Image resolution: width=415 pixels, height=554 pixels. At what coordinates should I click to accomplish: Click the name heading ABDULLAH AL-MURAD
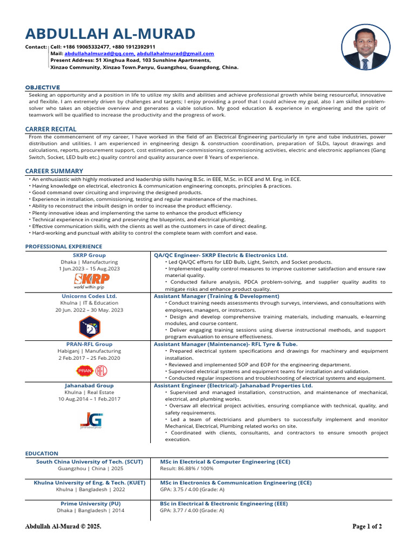[x=110, y=34]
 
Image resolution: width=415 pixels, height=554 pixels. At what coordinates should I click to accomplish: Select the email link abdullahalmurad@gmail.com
[x=175, y=54]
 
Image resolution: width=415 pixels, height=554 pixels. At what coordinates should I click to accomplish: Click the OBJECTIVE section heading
[x=43, y=87]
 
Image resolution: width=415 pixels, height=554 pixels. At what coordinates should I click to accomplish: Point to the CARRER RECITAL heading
[x=51, y=129]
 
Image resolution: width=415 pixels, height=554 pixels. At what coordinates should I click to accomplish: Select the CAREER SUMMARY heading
[x=54, y=171]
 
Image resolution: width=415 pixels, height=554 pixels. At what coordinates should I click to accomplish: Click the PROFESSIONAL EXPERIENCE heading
[x=64, y=247]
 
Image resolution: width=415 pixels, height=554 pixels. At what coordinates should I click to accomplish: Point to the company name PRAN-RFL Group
[x=90, y=344]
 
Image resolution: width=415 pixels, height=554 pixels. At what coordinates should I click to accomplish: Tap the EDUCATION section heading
[x=42, y=453]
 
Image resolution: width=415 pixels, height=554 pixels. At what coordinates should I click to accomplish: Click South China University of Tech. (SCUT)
[x=90, y=461]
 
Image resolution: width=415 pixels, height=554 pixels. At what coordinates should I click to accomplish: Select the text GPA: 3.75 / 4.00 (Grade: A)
[x=192, y=489]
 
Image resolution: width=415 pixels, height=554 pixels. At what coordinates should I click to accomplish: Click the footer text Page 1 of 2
[x=367, y=526]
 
